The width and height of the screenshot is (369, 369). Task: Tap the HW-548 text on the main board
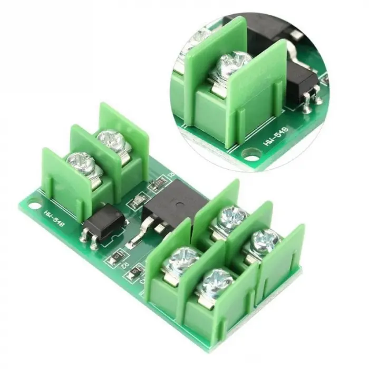(54, 217)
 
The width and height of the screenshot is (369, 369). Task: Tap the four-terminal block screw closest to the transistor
(232, 216)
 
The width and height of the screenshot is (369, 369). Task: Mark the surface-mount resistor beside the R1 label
(157, 184)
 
